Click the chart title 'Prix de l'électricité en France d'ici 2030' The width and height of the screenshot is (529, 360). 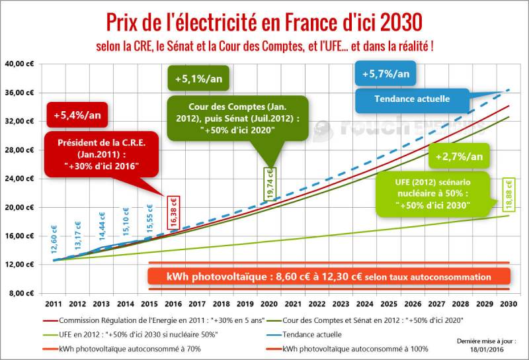click(264, 22)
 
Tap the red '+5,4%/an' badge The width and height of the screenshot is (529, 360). click(69, 115)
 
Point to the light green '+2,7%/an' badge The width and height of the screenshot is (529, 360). click(460, 156)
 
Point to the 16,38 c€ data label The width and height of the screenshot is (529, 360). click(174, 212)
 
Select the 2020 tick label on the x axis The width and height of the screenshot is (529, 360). click(268, 304)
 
